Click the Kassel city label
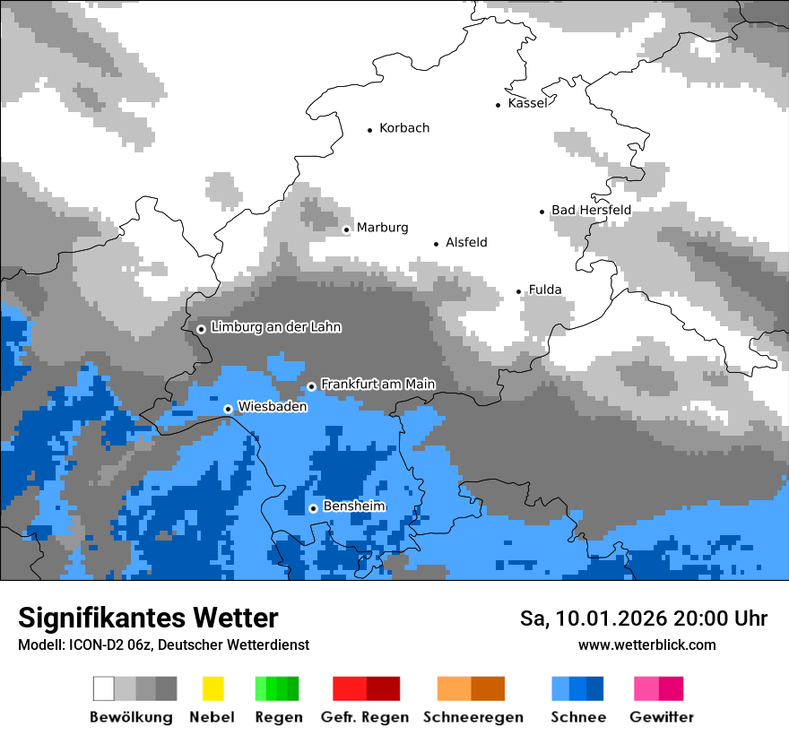click(x=527, y=103)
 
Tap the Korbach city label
click(x=404, y=128)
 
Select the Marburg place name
click(x=382, y=228)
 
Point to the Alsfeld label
click(x=466, y=243)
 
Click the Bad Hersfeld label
click(x=591, y=210)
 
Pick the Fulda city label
click(x=545, y=290)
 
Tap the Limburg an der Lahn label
click(x=276, y=327)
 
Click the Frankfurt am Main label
click(x=377, y=384)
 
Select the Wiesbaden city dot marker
click(x=228, y=409)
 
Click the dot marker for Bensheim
click(x=313, y=508)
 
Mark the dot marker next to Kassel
click(x=499, y=105)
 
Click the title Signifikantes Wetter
click(x=148, y=618)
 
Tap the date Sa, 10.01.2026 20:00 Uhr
click(x=644, y=619)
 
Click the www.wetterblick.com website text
click(x=647, y=645)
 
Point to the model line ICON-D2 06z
click(x=163, y=645)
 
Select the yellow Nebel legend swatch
click(x=212, y=688)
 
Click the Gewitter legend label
click(x=662, y=717)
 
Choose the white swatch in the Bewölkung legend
click(x=104, y=688)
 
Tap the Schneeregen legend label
click(x=473, y=717)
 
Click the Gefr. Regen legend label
click(x=365, y=717)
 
